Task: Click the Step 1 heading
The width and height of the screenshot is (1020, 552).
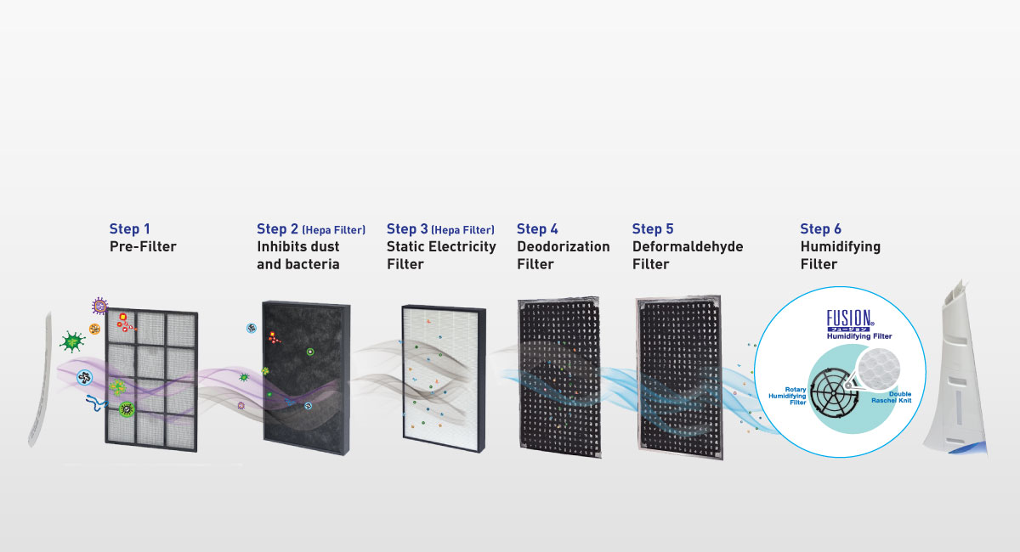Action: click(130, 228)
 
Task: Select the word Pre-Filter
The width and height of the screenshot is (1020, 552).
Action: click(143, 246)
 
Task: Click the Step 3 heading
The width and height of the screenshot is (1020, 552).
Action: click(407, 228)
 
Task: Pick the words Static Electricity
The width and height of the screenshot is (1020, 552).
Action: click(441, 246)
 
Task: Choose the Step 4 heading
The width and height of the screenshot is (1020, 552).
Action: click(537, 228)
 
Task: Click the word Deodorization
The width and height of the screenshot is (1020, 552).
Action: click(563, 246)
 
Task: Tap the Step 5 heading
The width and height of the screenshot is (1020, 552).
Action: click(653, 228)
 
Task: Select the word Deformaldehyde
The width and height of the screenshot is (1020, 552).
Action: click(687, 246)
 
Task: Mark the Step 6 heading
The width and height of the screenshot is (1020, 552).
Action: click(820, 228)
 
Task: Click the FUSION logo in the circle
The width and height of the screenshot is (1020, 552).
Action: click(851, 320)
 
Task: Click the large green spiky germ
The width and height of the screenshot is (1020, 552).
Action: click(72, 341)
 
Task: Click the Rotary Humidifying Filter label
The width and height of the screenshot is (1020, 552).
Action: click(785, 395)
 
